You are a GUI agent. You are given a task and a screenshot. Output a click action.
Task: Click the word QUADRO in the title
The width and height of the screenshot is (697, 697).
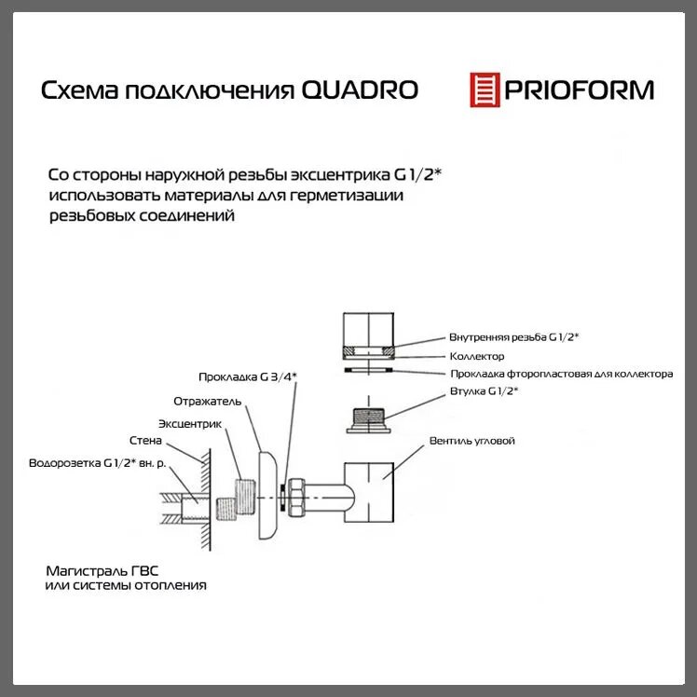click(x=361, y=90)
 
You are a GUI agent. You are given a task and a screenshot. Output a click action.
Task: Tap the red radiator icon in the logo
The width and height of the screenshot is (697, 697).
click(x=485, y=89)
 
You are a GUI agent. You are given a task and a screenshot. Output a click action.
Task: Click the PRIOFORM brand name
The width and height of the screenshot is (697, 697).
click(x=579, y=90)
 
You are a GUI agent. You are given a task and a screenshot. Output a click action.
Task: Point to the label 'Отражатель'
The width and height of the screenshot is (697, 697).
click(x=208, y=401)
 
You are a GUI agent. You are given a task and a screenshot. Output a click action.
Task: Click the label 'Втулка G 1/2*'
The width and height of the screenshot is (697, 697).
click(x=484, y=391)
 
